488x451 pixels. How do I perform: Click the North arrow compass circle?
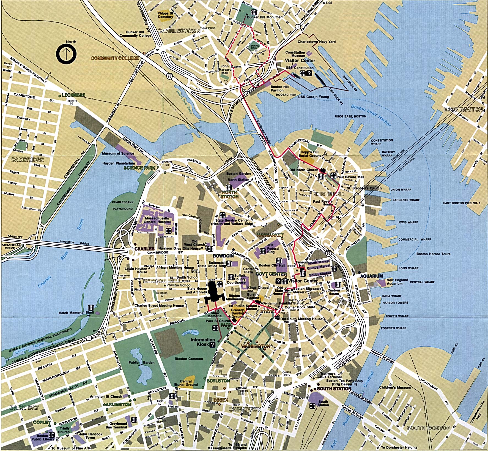click(66, 54)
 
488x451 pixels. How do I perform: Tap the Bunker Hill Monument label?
click(265, 17)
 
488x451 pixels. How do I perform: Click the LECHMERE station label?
click(73, 95)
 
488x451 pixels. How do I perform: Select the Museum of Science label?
click(118, 153)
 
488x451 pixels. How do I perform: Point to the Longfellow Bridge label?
click(75, 243)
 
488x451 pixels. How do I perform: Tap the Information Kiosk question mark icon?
click(212, 344)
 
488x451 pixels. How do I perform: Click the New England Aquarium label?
click(397, 282)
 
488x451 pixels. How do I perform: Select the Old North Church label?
click(303, 170)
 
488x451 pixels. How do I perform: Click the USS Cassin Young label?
click(313, 97)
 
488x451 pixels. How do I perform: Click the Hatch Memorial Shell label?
click(76, 313)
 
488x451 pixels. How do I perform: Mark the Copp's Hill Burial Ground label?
click(310, 154)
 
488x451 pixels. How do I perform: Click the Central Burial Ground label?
click(186, 383)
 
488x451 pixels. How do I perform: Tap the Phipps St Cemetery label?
click(165, 15)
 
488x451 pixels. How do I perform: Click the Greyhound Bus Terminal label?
click(118, 425)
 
